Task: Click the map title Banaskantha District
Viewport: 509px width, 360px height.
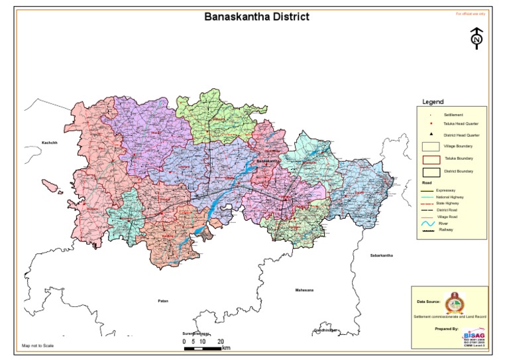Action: [x=256, y=16]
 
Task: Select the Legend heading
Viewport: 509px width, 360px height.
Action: [x=433, y=102]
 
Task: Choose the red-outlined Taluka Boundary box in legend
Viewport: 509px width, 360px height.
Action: [x=431, y=159]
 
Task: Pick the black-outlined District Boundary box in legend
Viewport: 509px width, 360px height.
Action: [x=431, y=172]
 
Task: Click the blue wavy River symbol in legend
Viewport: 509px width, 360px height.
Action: [x=427, y=224]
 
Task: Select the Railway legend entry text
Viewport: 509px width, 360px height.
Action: [x=446, y=230]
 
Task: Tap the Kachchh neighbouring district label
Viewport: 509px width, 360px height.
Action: [x=50, y=143]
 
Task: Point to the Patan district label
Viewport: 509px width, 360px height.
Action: [x=163, y=301]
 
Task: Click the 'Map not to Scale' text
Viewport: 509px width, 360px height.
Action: [x=38, y=345]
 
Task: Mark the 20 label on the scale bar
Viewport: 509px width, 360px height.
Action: [x=221, y=341]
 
